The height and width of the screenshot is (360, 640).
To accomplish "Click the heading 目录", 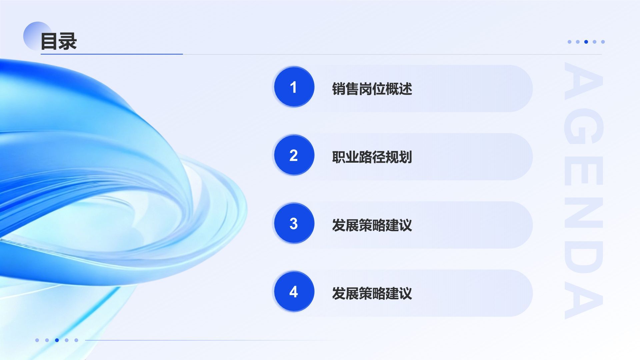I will pos(59,41).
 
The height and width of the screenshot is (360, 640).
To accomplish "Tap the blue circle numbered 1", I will pos(294,87).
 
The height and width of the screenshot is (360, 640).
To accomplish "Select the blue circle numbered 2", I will pos(294,155).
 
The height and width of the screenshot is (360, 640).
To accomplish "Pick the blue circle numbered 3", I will pos(294,224).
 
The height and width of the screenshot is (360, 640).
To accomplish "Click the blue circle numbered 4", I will pos(294,292).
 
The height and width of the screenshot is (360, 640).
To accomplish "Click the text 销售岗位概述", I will pos(372,89).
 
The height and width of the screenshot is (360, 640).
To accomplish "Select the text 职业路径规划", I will pos(372,157).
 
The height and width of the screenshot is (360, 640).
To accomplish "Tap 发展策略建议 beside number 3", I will pos(372,225).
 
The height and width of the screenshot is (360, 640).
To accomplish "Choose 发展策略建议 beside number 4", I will pos(372,294).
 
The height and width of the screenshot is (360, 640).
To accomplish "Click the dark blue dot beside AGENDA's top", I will pos(586,42).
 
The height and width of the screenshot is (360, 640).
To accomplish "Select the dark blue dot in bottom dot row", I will pos(57,340).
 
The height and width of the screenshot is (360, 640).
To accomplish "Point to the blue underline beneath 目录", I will pos(112,54).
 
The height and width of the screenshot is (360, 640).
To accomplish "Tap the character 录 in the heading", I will pos(68,41).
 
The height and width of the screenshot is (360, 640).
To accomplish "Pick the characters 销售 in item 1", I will pos(345,89).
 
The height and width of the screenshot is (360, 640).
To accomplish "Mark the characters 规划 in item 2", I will pos(399,157).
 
